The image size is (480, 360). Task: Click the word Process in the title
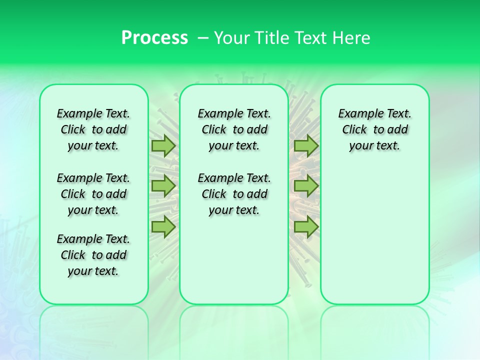pos(154,38)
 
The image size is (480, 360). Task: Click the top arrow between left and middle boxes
pos(163,146)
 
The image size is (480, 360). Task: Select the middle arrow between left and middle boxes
pos(163,186)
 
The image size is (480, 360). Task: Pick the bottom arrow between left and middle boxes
pos(163,226)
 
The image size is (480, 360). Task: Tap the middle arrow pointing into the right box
pos(306,186)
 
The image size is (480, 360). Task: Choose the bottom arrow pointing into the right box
pos(306,226)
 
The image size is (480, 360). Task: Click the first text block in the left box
pos(93,129)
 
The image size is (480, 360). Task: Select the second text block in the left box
pos(93,194)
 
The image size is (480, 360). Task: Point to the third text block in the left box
pos(93,255)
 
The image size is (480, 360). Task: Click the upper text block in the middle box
pos(234,129)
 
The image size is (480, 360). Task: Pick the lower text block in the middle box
pos(234,194)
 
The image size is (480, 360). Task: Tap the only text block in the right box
pos(374,129)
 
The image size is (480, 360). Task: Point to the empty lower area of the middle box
pos(234,260)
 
